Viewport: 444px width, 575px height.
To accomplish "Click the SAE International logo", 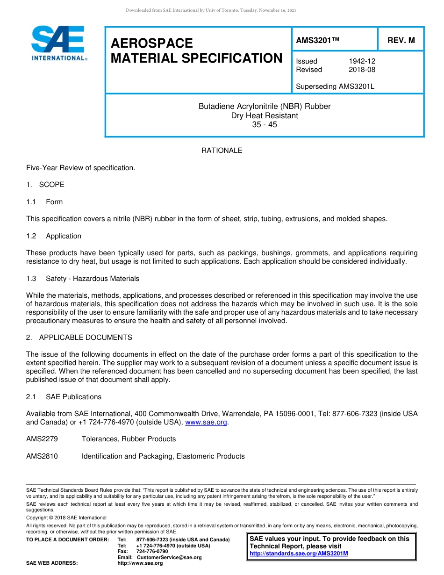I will click(58, 43).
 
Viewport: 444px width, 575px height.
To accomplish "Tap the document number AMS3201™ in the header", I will click(317, 40).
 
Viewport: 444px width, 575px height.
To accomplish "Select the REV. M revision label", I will click(401, 40).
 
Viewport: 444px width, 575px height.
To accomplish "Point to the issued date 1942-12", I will click(362, 61).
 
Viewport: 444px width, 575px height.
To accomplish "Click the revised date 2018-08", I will click(362, 70).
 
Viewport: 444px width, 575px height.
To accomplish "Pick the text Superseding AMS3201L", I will click(335, 86).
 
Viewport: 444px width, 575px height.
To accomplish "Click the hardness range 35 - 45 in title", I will click(265, 125).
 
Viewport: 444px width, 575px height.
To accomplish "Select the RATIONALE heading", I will click(222, 151).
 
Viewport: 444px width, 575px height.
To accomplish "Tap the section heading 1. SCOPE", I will click(45, 185).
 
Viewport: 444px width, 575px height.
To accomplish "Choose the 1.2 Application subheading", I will click(54, 236).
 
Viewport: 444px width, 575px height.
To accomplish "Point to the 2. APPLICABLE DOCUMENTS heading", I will click(79, 338).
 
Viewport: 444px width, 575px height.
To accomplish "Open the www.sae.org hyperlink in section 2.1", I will click(206, 422).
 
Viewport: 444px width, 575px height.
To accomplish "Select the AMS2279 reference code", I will click(42, 439).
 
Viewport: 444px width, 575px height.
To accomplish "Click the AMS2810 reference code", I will click(42, 456).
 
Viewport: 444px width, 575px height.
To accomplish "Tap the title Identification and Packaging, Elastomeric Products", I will click(163, 456).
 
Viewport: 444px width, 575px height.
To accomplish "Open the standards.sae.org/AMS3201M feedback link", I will click(299, 553).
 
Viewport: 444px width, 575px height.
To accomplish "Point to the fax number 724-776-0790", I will click(152, 552).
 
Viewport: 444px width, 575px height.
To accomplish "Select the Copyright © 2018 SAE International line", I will click(66, 517).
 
